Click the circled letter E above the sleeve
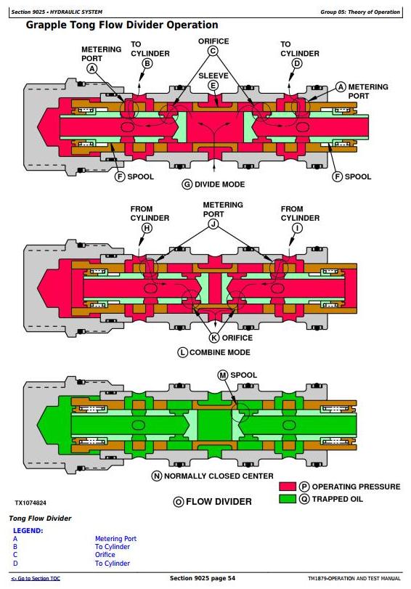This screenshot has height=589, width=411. click(213, 86)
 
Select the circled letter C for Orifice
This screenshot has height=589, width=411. click(213, 51)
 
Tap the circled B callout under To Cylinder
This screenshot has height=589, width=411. click(147, 63)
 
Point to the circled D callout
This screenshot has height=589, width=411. click(297, 63)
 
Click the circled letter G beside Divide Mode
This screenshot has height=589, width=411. click(187, 184)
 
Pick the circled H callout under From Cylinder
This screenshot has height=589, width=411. click(147, 228)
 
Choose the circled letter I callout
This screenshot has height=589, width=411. click(297, 228)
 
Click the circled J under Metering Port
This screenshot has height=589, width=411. click(213, 224)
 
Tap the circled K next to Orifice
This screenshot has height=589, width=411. click(214, 338)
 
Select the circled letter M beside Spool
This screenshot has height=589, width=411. click(223, 375)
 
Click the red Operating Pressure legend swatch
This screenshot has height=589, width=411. click(288, 487)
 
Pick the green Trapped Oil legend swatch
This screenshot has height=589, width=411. click(288, 499)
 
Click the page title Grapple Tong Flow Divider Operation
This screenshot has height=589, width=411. click(122, 25)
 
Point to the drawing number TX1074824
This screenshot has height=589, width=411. click(30, 503)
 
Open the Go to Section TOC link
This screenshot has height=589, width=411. click(36, 579)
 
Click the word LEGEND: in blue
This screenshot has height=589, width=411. click(28, 530)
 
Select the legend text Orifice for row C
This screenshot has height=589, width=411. click(105, 554)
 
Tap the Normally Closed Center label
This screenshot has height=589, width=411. click(219, 476)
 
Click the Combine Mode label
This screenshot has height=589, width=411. click(220, 352)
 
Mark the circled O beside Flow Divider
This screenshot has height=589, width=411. click(179, 502)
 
